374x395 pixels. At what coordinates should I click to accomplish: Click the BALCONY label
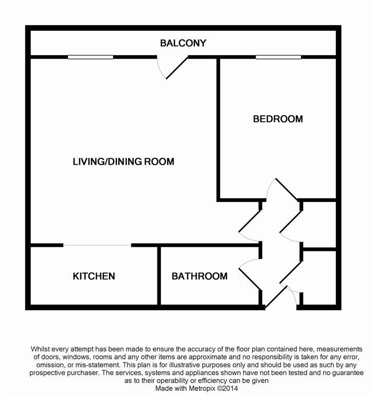click(x=183, y=43)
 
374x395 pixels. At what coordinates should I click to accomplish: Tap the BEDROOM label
click(x=278, y=119)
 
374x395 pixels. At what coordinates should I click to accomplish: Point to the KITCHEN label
click(x=94, y=276)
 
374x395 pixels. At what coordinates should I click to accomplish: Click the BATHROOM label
click(x=199, y=276)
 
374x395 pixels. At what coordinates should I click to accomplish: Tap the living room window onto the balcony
click(x=90, y=57)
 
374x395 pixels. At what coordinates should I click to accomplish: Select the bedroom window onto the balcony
click(x=278, y=57)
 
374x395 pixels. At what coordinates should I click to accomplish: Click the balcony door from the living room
click(x=175, y=68)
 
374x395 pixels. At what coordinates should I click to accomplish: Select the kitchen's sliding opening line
click(x=97, y=245)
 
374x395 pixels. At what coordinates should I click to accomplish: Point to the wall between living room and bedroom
click(x=219, y=129)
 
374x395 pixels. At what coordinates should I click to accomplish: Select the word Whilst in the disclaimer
click(x=43, y=349)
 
